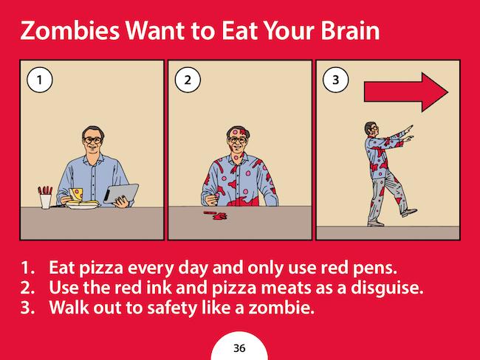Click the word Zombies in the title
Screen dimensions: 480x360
(x=70, y=30)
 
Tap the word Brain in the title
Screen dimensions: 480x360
(x=350, y=30)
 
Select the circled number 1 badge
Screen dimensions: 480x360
(x=40, y=80)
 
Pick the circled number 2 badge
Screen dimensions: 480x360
(x=188, y=80)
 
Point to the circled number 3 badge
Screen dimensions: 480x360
(x=336, y=80)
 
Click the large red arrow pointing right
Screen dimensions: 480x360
(x=406, y=92)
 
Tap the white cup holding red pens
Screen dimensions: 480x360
(x=46, y=201)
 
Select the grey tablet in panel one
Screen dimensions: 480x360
(x=121, y=193)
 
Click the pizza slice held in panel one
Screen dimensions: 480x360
(x=76, y=194)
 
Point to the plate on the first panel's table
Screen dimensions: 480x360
(x=83, y=206)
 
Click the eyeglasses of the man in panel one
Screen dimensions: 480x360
(x=93, y=140)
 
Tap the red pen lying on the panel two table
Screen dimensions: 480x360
(x=210, y=212)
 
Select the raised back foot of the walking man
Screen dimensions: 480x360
(x=408, y=212)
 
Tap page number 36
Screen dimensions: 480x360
(x=239, y=348)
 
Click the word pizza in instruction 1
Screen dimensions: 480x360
(x=101, y=269)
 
